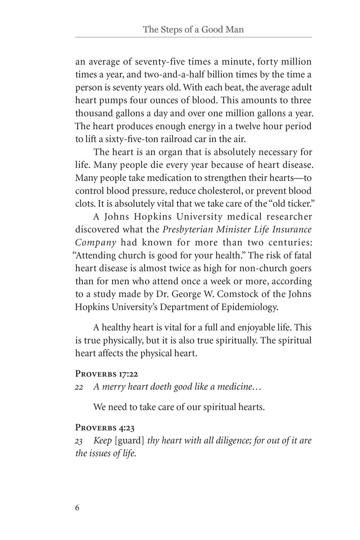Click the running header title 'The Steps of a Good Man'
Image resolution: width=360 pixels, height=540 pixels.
tap(193, 30)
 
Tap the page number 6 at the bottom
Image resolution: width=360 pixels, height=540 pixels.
tap(77, 508)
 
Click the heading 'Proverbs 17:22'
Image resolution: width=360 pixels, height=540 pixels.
tap(107, 374)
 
